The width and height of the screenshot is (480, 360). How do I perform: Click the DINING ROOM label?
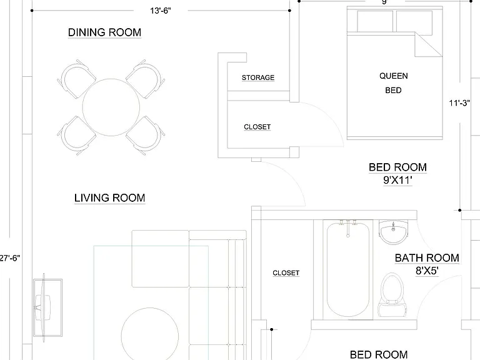[x=104, y=32]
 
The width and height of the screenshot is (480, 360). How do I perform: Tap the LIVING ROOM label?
[x=109, y=197]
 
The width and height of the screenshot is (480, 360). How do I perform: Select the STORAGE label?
[x=258, y=77]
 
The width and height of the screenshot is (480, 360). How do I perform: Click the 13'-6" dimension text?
[x=161, y=11]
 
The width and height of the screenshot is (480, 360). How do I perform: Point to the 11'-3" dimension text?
[x=459, y=103]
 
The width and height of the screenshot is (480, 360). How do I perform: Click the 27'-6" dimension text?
[x=10, y=258]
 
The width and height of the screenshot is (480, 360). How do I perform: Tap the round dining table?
[x=111, y=107]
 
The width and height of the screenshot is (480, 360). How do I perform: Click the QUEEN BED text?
[x=394, y=83]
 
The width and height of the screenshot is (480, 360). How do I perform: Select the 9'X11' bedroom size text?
[x=397, y=180]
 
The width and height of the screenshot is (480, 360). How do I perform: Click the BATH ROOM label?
[x=427, y=258]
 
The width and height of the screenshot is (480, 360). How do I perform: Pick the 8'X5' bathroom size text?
[x=427, y=271]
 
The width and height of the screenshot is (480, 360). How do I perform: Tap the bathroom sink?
[x=394, y=232]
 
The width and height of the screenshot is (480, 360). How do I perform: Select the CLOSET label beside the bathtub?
[x=286, y=272]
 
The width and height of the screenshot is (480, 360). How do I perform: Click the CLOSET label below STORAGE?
[x=257, y=127]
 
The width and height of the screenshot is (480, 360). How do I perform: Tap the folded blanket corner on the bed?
[x=428, y=44]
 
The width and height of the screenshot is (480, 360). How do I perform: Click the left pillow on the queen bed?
[x=375, y=21]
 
